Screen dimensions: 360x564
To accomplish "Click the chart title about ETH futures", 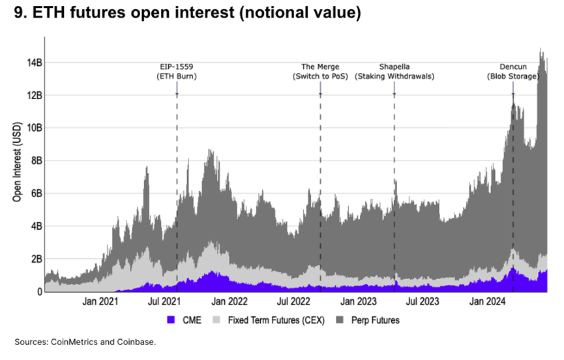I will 186,12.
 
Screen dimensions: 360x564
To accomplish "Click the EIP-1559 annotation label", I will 177,71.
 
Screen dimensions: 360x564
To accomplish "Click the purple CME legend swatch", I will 172,320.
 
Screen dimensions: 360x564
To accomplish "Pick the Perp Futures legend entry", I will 375,320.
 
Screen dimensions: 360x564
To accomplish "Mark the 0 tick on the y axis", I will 39,292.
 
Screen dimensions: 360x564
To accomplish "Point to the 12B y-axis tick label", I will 34,95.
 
